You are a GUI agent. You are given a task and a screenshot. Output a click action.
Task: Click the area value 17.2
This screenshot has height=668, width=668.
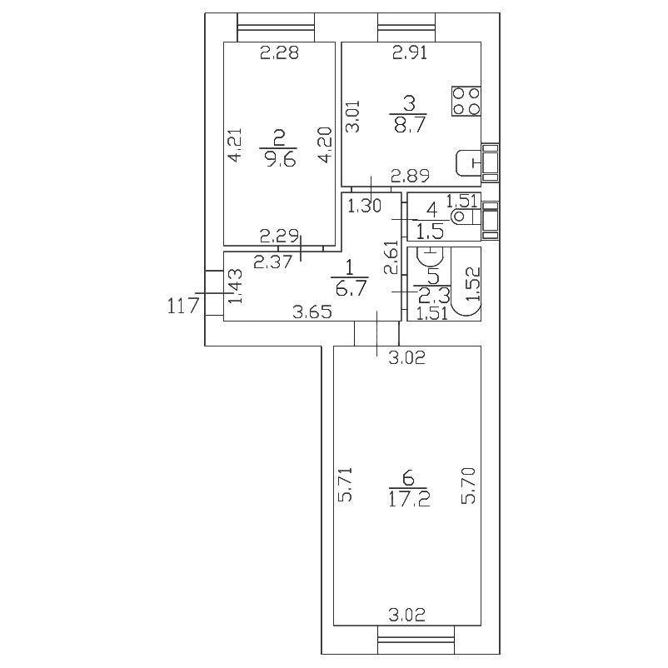407,500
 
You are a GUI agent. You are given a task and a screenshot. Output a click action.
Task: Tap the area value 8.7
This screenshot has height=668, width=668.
408,124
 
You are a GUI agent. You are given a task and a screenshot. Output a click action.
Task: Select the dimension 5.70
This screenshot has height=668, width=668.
469,485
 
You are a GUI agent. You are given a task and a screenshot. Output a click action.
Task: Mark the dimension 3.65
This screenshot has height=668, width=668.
312,313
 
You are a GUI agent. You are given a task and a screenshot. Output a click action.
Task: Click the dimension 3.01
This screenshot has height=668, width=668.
353,117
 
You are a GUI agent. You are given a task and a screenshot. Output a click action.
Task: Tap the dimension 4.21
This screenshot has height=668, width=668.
235,143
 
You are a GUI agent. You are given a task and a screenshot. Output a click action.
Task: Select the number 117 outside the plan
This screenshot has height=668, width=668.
182,306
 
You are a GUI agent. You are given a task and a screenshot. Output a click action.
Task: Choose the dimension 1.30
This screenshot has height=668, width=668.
363,205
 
